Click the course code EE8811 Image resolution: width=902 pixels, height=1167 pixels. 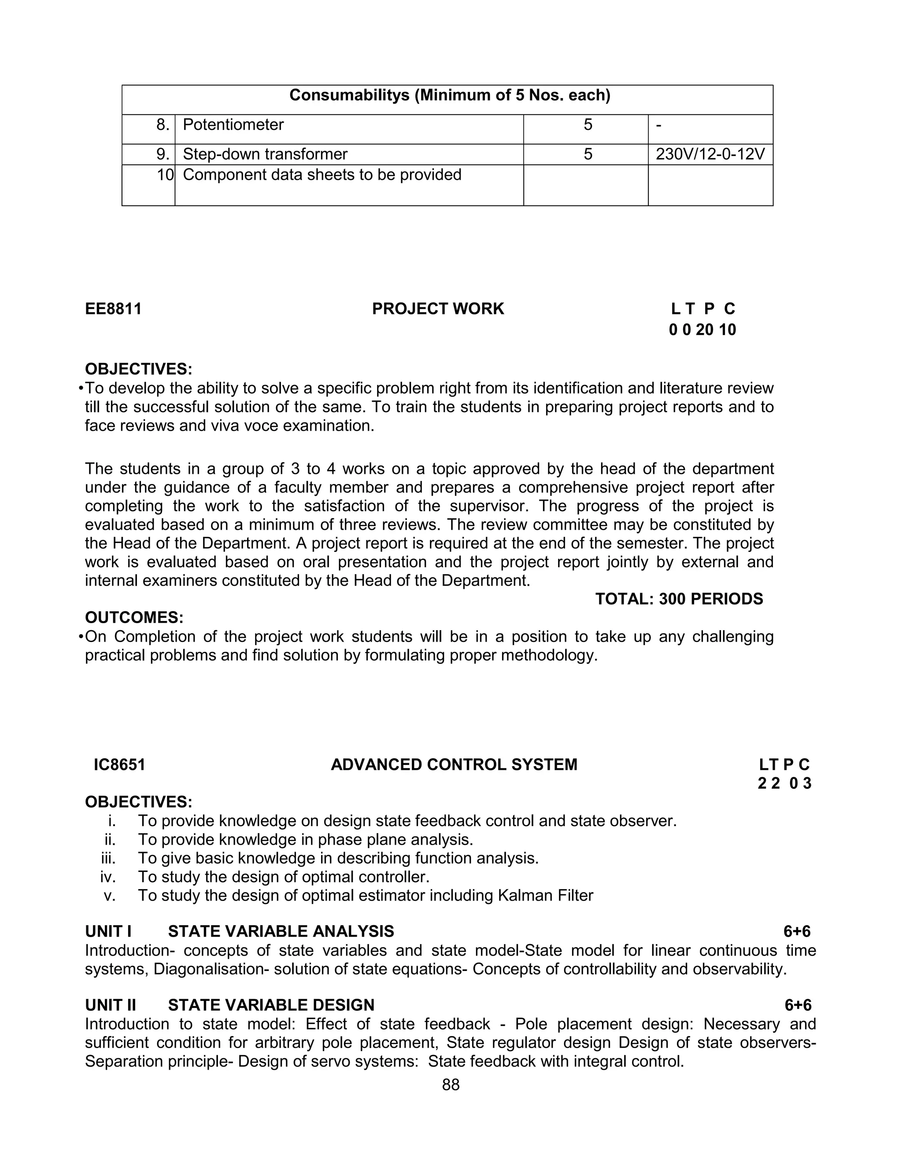pos(113,309)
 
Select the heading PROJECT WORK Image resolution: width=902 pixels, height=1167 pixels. pos(438,309)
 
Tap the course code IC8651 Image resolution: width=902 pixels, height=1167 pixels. pos(119,764)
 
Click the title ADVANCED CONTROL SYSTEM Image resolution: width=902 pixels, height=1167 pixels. pos(454,764)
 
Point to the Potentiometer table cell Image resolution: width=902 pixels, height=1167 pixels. pos(233,125)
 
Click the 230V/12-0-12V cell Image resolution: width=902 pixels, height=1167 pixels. pos(710,155)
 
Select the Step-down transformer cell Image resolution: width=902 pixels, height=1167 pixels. pos(265,155)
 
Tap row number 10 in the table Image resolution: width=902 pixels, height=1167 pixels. pos(165,175)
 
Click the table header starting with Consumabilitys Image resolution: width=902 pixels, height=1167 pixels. pos(449,95)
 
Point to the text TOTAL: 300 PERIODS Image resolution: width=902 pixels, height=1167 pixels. pos(679,599)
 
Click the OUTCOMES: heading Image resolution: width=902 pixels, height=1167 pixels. pos(134,618)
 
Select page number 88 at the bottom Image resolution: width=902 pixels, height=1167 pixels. pos(451,1085)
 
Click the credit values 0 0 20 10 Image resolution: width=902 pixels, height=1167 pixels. pos(702,330)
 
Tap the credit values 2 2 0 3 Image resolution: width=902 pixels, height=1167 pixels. pos(784,783)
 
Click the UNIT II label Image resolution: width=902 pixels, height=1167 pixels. pos(111,1005)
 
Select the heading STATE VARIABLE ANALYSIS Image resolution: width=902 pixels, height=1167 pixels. pos(281,931)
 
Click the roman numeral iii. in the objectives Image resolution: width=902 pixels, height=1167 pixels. pos(108,858)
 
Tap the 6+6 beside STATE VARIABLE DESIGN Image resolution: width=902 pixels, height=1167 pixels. pos(797,1005)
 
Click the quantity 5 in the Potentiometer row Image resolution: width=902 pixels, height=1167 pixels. pos(588,125)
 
